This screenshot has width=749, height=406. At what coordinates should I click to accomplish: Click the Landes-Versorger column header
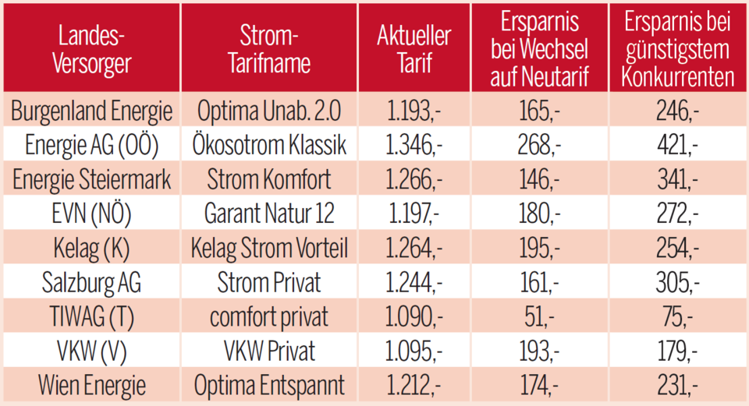(x=91, y=48)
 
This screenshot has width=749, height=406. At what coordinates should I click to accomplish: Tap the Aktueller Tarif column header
(x=414, y=48)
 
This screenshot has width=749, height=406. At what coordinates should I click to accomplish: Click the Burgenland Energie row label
(x=91, y=111)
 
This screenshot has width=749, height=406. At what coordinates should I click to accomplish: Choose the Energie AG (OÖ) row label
(x=91, y=146)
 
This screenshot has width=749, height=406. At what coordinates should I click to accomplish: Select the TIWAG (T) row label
(x=91, y=317)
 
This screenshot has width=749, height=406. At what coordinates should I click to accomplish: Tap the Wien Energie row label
(x=91, y=385)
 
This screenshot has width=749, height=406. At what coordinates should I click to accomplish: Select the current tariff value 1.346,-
(x=414, y=146)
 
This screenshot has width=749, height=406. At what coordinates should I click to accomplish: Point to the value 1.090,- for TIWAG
(x=414, y=317)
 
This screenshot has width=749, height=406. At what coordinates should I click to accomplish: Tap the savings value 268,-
(x=538, y=146)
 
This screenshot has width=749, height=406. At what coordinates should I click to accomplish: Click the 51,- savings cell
(x=538, y=317)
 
